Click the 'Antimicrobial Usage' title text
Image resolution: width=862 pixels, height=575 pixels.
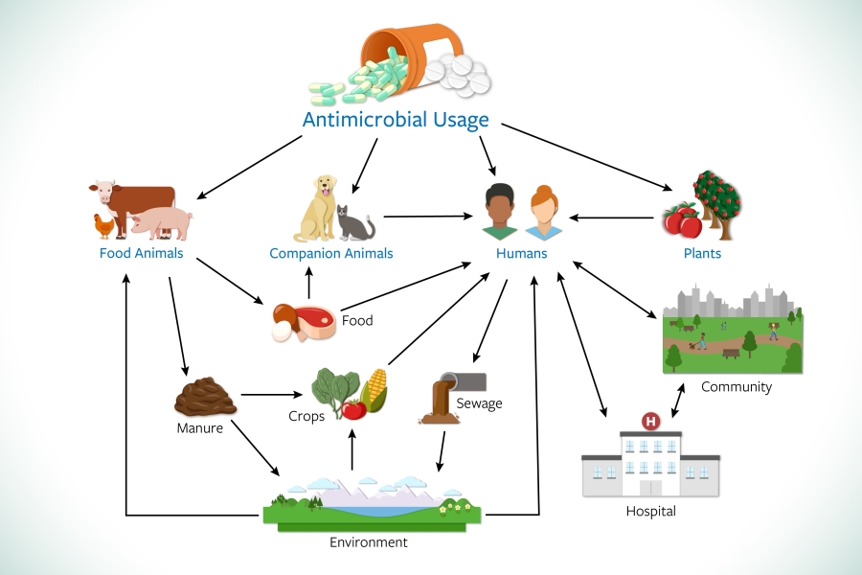pyautogui.click(x=396, y=120)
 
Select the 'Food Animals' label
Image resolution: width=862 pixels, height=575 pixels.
pyautogui.click(x=141, y=254)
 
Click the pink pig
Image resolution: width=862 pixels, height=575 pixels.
pyautogui.click(x=161, y=223)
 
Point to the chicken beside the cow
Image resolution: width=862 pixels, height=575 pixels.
pyautogui.click(x=104, y=225)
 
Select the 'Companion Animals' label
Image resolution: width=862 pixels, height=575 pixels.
pyautogui.click(x=331, y=254)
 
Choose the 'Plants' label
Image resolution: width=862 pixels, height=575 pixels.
pyautogui.click(x=702, y=254)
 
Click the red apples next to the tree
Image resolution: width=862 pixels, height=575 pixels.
pyautogui.click(x=684, y=220)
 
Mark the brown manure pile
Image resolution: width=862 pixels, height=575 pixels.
pyautogui.click(x=203, y=396)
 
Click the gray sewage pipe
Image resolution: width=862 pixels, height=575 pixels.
pyautogui.click(x=465, y=380)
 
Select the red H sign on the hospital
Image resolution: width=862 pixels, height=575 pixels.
pyautogui.click(x=651, y=421)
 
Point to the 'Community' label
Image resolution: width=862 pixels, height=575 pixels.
pyautogui.click(x=736, y=386)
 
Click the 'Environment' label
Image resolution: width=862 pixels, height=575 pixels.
pyautogui.click(x=369, y=542)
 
